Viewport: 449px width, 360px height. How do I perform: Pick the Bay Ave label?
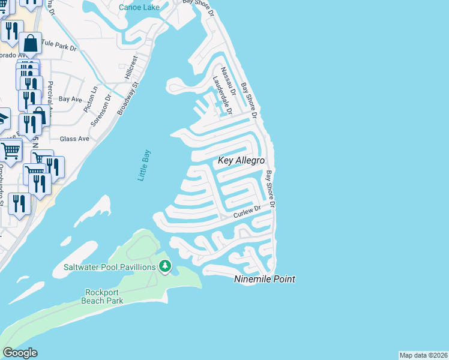point(70,99)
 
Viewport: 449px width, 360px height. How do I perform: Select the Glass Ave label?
point(74,139)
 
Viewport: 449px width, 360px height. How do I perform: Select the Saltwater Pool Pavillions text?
point(110,266)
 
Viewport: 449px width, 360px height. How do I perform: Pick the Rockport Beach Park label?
point(103,296)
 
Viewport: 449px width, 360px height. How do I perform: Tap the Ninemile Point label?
point(264,279)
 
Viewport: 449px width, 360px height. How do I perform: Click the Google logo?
point(20,353)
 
